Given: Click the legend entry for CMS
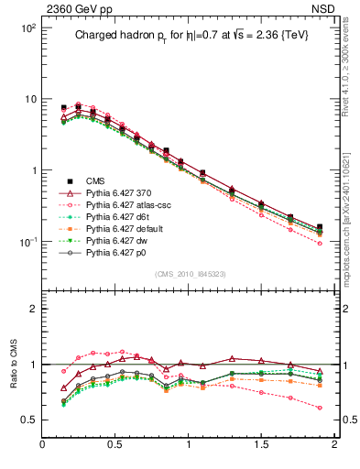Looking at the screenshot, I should click(x=94, y=181).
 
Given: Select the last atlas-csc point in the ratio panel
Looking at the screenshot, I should click(x=320, y=408).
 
